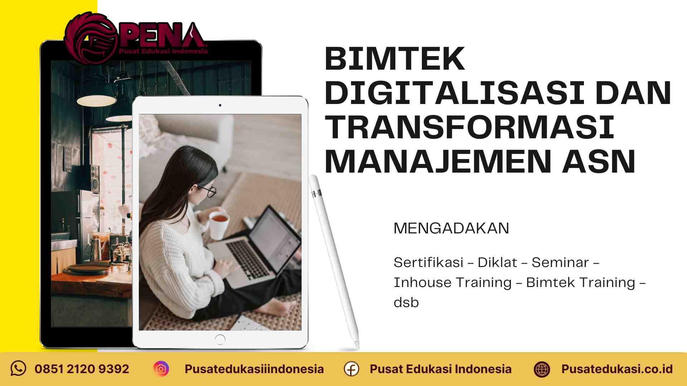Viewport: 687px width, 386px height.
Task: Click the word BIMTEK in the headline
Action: coord(395,59)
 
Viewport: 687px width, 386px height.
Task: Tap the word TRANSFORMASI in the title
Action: coord(469,128)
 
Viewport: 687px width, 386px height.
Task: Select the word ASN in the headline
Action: coord(599,162)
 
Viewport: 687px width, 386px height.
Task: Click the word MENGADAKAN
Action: coord(451,228)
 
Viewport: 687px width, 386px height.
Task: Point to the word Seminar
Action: coord(560,263)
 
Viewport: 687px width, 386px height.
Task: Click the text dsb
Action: coord(406,303)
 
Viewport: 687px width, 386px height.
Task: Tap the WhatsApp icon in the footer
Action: coord(18,368)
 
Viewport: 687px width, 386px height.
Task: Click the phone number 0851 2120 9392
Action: coord(82,369)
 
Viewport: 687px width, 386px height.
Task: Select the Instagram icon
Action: coord(161,369)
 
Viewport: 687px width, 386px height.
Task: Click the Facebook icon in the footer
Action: coord(351,369)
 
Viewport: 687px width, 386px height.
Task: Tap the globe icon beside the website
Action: coord(542,369)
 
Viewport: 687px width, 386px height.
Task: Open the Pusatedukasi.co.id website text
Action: coord(617,369)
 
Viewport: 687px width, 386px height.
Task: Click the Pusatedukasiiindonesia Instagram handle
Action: coord(254,369)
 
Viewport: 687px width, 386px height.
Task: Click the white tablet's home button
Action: coord(220,339)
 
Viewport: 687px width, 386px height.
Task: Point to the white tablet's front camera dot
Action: coord(220,105)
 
